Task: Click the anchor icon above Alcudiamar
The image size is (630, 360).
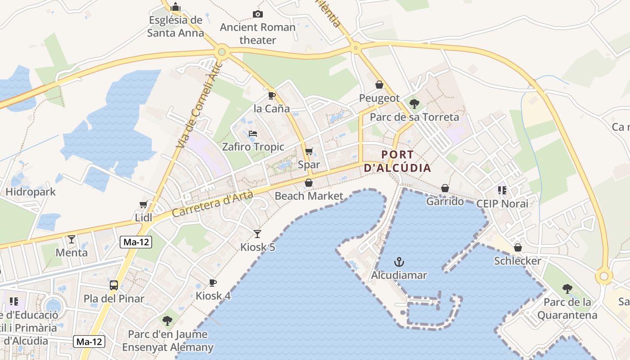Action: (x=399, y=262)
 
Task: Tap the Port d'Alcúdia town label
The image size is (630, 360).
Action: (x=397, y=161)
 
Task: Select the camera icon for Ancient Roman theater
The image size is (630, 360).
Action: (x=257, y=14)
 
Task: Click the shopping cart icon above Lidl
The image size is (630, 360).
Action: (x=144, y=205)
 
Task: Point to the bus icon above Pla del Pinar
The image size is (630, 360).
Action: (x=114, y=285)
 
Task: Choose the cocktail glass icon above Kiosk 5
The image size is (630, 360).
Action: (x=257, y=234)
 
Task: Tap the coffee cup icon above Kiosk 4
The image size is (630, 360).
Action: (x=213, y=283)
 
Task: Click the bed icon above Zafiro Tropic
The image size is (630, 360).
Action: (x=253, y=134)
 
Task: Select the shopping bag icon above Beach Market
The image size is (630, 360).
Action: (x=309, y=183)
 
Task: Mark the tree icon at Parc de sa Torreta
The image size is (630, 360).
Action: (x=414, y=104)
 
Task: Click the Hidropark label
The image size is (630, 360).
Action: (x=31, y=192)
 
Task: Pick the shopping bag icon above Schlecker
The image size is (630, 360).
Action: (x=518, y=247)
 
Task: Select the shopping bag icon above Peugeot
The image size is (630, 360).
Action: (x=379, y=85)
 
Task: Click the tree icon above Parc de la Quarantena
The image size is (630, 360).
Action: (x=567, y=288)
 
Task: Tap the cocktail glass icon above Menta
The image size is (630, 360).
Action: (x=72, y=239)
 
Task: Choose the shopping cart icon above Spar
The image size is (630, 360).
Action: (x=309, y=152)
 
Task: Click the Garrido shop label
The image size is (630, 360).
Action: (x=445, y=201)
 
